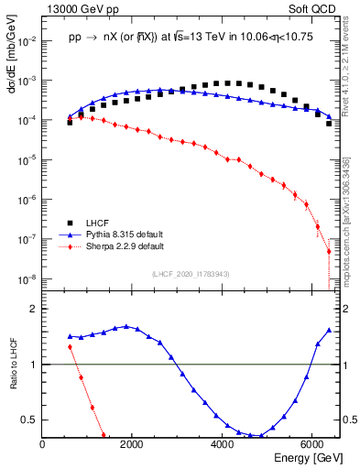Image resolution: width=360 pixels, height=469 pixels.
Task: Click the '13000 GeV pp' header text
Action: [x=78, y=8]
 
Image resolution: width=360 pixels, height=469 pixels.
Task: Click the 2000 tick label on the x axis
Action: [x=133, y=444]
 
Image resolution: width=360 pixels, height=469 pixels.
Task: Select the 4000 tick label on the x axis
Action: [x=223, y=444]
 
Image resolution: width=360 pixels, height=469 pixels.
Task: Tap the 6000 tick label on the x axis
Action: [x=312, y=444]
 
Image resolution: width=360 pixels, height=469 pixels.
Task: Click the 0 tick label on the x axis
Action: [x=43, y=444]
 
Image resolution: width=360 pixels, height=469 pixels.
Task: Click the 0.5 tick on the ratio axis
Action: [x=29, y=420]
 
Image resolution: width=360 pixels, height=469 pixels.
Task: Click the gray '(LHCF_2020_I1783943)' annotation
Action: [x=191, y=274]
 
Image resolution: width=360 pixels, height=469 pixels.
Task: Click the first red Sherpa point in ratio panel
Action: [x=70, y=346]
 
